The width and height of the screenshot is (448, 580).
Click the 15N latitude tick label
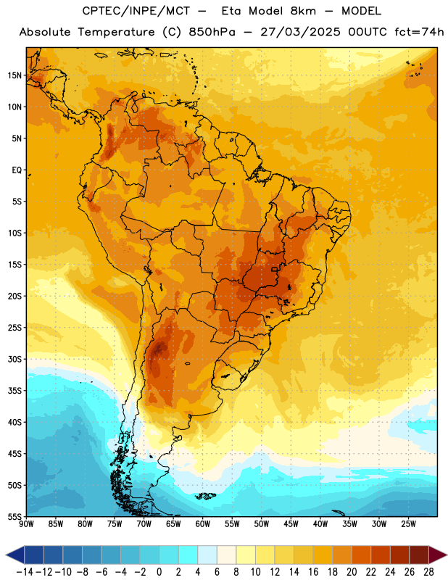pos(14,75)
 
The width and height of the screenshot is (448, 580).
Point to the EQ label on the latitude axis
pos(17,170)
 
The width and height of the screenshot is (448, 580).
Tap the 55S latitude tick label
pos(14,516)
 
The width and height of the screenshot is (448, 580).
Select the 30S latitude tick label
pos(14,359)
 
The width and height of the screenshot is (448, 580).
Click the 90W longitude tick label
pos(27,523)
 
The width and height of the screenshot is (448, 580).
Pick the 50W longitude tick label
pos(262,523)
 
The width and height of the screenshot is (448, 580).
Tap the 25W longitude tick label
pos(408,523)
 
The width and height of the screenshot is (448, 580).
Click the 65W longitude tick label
pos(173,523)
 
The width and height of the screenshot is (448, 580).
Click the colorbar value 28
pos(428,572)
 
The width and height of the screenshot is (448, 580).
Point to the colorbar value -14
pos(25,572)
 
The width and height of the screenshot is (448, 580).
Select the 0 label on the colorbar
pos(159,572)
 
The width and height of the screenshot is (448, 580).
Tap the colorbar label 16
pos(313,572)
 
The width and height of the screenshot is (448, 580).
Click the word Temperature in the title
pos(116,32)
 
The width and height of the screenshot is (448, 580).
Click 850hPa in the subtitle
pos(212,32)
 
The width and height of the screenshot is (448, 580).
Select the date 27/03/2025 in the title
pos(300,32)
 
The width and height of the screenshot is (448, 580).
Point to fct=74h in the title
pos(419,32)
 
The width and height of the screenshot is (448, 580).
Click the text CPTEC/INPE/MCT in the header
pos(136,11)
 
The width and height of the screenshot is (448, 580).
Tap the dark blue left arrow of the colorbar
pos(14,555)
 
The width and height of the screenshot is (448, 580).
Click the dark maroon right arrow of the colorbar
pos(438,555)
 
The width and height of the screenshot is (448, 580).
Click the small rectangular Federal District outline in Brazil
pos(274,269)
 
